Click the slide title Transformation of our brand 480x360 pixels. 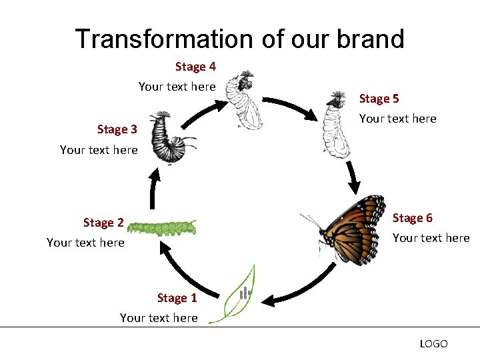click(x=239, y=39)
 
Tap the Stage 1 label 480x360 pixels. click(x=177, y=298)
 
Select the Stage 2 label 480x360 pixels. click(x=103, y=223)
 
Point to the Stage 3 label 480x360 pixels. click(x=117, y=129)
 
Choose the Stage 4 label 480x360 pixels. click(x=195, y=67)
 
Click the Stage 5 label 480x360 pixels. click(x=379, y=99)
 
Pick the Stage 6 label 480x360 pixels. click(x=412, y=218)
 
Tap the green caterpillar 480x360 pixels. click(x=163, y=228)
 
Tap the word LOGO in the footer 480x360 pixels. click(x=433, y=344)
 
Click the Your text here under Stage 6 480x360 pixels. click(x=431, y=238)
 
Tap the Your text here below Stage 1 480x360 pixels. click(x=159, y=318)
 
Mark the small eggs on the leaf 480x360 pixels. click(x=245, y=292)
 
